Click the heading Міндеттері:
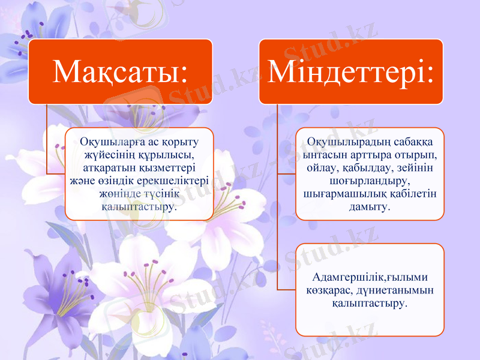(x=351, y=72)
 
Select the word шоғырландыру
(x=370, y=180)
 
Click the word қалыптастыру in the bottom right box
(x=369, y=304)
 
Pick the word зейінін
(x=420, y=167)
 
